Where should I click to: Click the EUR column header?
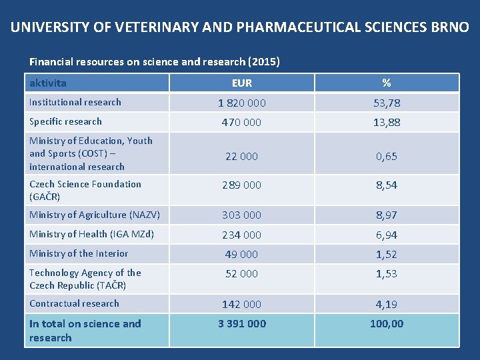click(242, 83)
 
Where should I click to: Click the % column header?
click(387, 83)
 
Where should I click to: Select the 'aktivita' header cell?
click(48, 83)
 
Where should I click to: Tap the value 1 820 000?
click(242, 103)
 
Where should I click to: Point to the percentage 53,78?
click(387, 103)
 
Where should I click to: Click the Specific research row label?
click(65, 121)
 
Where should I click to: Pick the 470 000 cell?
click(242, 123)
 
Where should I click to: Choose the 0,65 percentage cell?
click(387, 157)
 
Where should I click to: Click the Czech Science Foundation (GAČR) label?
click(85, 190)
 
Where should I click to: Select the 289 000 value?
click(242, 185)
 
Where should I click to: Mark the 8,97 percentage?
click(387, 215)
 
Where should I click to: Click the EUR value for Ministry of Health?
click(242, 235)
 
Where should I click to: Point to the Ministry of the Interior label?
click(79, 253)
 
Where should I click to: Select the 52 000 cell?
click(242, 273)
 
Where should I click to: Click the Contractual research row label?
click(74, 303)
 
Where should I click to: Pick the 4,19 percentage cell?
click(387, 305)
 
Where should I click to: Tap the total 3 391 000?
click(242, 324)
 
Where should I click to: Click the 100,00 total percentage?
click(387, 324)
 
